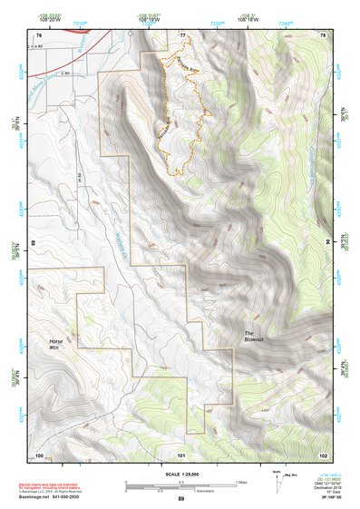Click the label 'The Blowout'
click(x=253, y=337)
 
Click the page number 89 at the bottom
click(x=181, y=499)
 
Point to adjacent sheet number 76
click(x=39, y=34)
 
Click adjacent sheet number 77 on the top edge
click(x=182, y=34)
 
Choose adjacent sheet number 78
click(x=323, y=34)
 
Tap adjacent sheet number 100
click(x=39, y=454)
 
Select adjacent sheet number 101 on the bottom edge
click(x=181, y=454)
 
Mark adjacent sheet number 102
click(x=323, y=454)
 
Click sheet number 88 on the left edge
click(x=34, y=244)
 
